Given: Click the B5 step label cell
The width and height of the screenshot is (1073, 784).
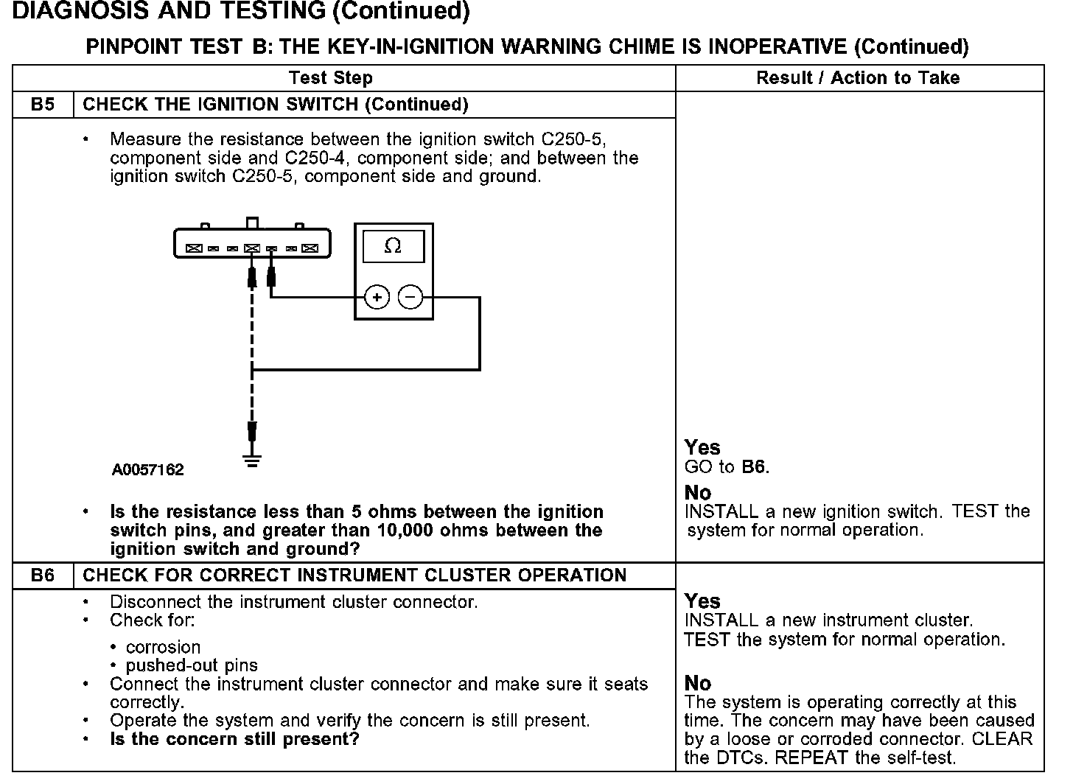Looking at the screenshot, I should pyautogui.click(x=43, y=104).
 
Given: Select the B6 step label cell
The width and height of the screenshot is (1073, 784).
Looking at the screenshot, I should pyautogui.click(x=43, y=575).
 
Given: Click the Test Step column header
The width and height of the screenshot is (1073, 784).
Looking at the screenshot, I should pyautogui.click(x=331, y=78).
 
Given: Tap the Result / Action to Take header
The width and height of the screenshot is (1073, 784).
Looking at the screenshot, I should pyautogui.click(x=858, y=78).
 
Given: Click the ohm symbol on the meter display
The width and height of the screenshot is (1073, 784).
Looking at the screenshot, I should pyautogui.click(x=393, y=246).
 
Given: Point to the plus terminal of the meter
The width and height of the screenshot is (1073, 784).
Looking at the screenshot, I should pyautogui.click(x=377, y=297).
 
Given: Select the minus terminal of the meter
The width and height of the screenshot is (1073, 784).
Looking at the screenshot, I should pyautogui.click(x=410, y=297).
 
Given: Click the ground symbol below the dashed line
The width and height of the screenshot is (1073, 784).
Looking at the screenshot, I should pyautogui.click(x=252, y=461).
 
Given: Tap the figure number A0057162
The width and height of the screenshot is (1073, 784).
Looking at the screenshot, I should pyautogui.click(x=148, y=469).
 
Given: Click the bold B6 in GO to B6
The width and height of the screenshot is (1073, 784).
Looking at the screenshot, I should pyautogui.click(x=753, y=467).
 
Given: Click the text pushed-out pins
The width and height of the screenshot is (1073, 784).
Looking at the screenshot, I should pyautogui.click(x=192, y=665).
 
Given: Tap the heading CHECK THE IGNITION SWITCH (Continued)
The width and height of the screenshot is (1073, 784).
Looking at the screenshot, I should pyautogui.click(x=276, y=104).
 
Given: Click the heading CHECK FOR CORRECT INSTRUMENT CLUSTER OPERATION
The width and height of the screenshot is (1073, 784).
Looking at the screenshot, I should pyautogui.click(x=354, y=575).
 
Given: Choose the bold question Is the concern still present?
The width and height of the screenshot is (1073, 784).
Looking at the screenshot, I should pyautogui.click(x=234, y=739).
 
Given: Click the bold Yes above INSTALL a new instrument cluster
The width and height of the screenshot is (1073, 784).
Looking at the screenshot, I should pyautogui.click(x=702, y=601).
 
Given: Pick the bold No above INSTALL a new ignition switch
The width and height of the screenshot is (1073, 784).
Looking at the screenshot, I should pyautogui.click(x=698, y=492).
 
